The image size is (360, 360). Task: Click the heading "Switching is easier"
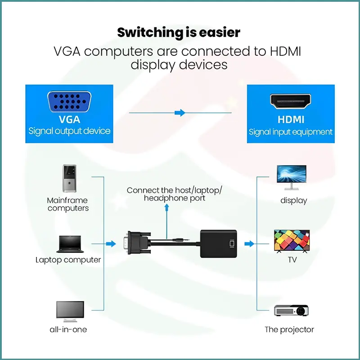click(179, 33)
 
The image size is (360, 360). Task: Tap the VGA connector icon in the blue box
click(69, 102)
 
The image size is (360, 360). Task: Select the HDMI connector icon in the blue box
click(290, 102)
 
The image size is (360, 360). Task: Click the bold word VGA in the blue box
click(69, 120)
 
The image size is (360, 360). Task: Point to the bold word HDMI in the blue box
click(290, 120)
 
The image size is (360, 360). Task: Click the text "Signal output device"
click(69, 131)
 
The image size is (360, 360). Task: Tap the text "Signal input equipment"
click(291, 132)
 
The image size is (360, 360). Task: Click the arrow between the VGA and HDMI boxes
click(180, 113)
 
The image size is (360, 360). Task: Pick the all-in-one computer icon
click(70, 311)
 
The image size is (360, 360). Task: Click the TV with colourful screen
click(292, 241)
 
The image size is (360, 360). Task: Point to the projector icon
click(292, 311)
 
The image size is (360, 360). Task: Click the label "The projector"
click(289, 330)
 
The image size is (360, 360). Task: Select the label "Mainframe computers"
click(68, 204)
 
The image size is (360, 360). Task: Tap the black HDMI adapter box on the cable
click(218, 243)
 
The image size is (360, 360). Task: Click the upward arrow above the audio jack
click(167, 207)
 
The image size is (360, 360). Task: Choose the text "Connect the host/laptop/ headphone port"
click(174, 194)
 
